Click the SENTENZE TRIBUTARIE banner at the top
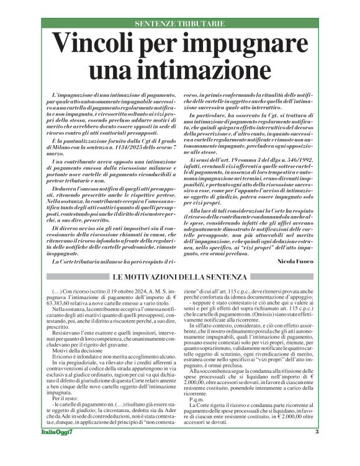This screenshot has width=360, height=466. tap(179, 23)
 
